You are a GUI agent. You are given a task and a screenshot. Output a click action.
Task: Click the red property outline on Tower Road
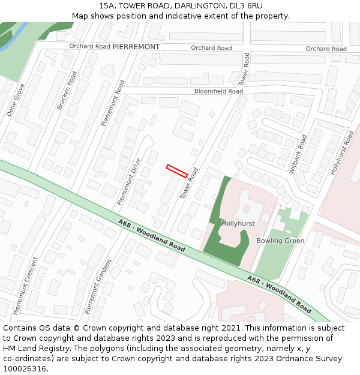[177, 171]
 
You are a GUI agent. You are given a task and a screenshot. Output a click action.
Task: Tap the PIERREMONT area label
[136, 47]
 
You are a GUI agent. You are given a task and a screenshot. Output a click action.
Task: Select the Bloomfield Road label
[218, 91]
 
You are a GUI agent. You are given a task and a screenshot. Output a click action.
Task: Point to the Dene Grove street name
[16, 100]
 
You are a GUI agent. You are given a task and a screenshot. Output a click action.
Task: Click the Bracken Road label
[67, 91]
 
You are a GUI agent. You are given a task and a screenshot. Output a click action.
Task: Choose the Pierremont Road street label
[113, 103]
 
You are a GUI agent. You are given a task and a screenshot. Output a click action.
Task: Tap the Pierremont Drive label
[129, 182]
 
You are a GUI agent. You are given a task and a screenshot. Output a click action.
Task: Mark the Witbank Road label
[298, 154]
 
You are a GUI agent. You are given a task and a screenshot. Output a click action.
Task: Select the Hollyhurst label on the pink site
[238, 223]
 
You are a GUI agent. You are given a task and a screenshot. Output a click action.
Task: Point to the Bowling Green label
[280, 241]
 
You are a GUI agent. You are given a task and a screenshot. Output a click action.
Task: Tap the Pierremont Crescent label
[26, 286]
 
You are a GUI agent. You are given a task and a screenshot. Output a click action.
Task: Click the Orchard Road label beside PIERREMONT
[89, 46]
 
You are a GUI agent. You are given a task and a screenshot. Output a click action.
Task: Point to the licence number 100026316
[26, 368]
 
